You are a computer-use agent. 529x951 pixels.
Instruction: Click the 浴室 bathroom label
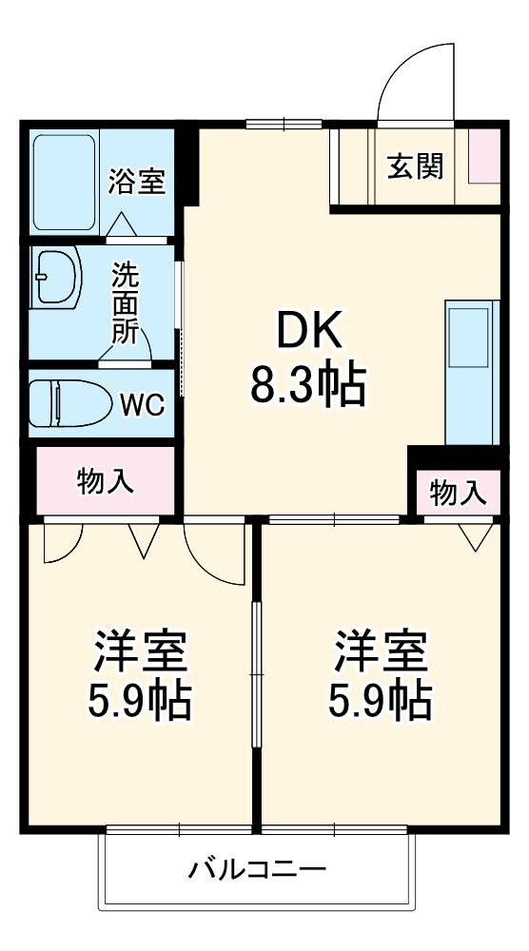tap(136, 181)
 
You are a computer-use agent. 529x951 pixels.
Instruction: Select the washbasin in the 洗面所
tap(57, 277)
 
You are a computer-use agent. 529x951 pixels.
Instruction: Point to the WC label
tap(142, 404)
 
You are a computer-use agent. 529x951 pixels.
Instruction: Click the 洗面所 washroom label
tap(125, 303)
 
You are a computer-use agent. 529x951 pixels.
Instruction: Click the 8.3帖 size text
tap(308, 385)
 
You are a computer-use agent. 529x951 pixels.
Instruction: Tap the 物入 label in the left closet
tap(105, 482)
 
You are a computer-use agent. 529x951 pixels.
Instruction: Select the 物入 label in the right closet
tap(458, 493)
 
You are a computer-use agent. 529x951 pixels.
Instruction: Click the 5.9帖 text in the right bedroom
tap(380, 702)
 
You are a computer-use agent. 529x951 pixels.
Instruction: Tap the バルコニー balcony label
tap(257, 868)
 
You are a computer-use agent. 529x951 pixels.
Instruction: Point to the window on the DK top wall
tap(284, 123)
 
